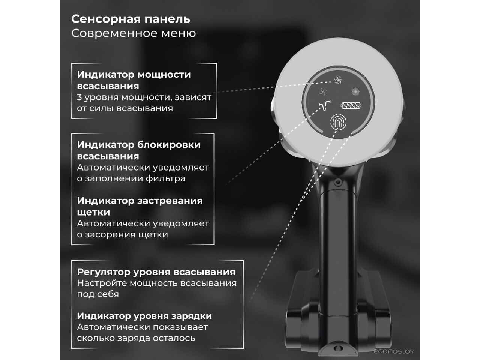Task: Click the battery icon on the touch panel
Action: (x=351, y=106)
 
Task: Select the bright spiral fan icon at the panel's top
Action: (x=339, y=80)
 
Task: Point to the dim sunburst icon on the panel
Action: (x=356, y=91)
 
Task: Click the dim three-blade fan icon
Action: (x=323, y=91)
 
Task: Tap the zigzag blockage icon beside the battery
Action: (x=325, y=106)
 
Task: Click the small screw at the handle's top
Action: (x=338, y=181)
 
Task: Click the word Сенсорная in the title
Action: (x=106, y=19)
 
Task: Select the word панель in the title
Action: (x=167, y=19)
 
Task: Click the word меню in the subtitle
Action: (x=178, y=34)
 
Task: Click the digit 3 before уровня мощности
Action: (x=79, y=97)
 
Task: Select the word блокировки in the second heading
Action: (x=169, y=145)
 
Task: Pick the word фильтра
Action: (x=165, y=178)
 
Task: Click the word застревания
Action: (x=170, y=201)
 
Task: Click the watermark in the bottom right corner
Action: (x=394, y=351)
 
